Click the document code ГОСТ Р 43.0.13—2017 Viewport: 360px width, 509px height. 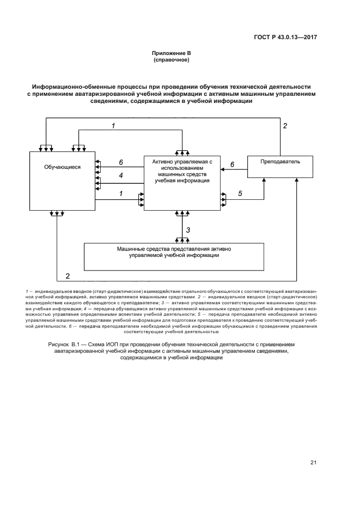coord(285,38)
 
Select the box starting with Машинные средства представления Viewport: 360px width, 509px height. coord(174,256)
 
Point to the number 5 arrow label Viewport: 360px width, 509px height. coord(240,193)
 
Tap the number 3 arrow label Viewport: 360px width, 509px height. coord(188,230)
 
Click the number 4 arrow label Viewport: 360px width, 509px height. coord(121,175)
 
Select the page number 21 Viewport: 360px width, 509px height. coord(313,463)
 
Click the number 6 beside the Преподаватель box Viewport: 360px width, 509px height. coord(232,164)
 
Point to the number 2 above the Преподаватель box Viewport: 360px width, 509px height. coord(284,126)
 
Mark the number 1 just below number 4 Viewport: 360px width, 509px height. coord(120,193)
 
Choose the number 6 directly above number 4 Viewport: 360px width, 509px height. coord(121,162)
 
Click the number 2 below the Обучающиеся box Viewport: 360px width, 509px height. coord(68,275)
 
